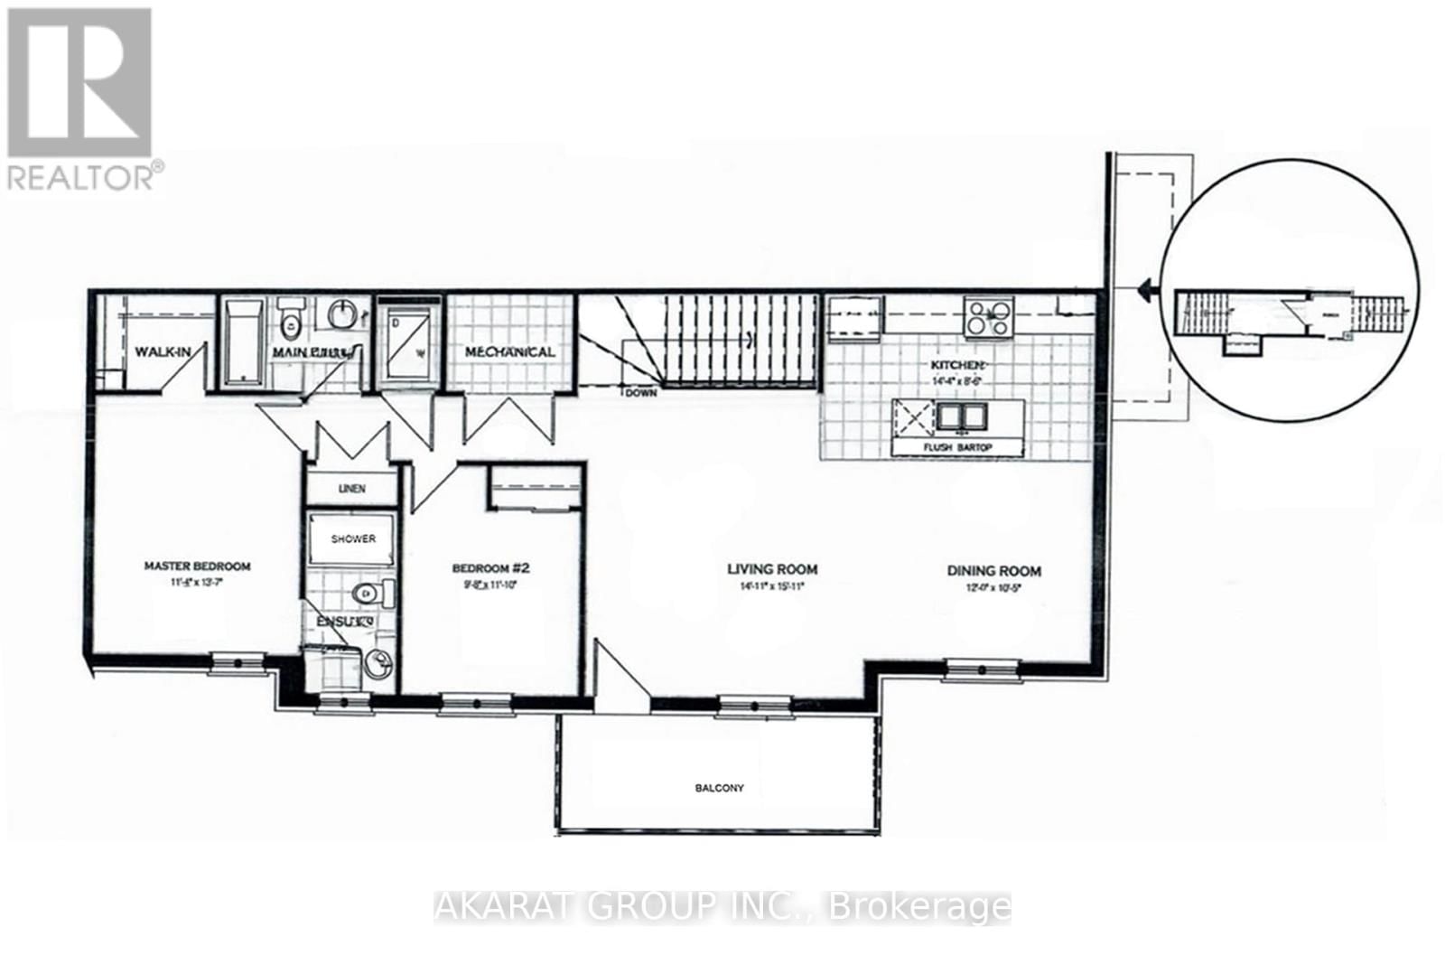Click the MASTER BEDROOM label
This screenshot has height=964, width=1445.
(x=197, y=566)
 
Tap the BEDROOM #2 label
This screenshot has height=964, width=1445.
(x=490, y=568)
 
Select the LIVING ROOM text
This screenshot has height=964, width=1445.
(x=772, y=569)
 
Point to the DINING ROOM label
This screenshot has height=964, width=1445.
(x=993, y=571)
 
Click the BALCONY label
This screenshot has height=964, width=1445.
(x=719, y=788)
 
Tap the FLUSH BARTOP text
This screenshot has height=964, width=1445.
(x=957, y=447)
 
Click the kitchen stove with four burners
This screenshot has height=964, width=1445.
(x=989, y=317)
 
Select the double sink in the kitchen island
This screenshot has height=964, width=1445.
(x=961, y=416)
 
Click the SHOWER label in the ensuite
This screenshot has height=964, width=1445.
(x=353, y=539)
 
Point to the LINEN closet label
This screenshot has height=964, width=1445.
(x=352, y=489)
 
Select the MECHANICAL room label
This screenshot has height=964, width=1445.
(x=509, y=351)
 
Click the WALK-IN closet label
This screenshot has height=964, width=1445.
(x=163, y=351)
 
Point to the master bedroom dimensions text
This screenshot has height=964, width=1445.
(x=197, y=583)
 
